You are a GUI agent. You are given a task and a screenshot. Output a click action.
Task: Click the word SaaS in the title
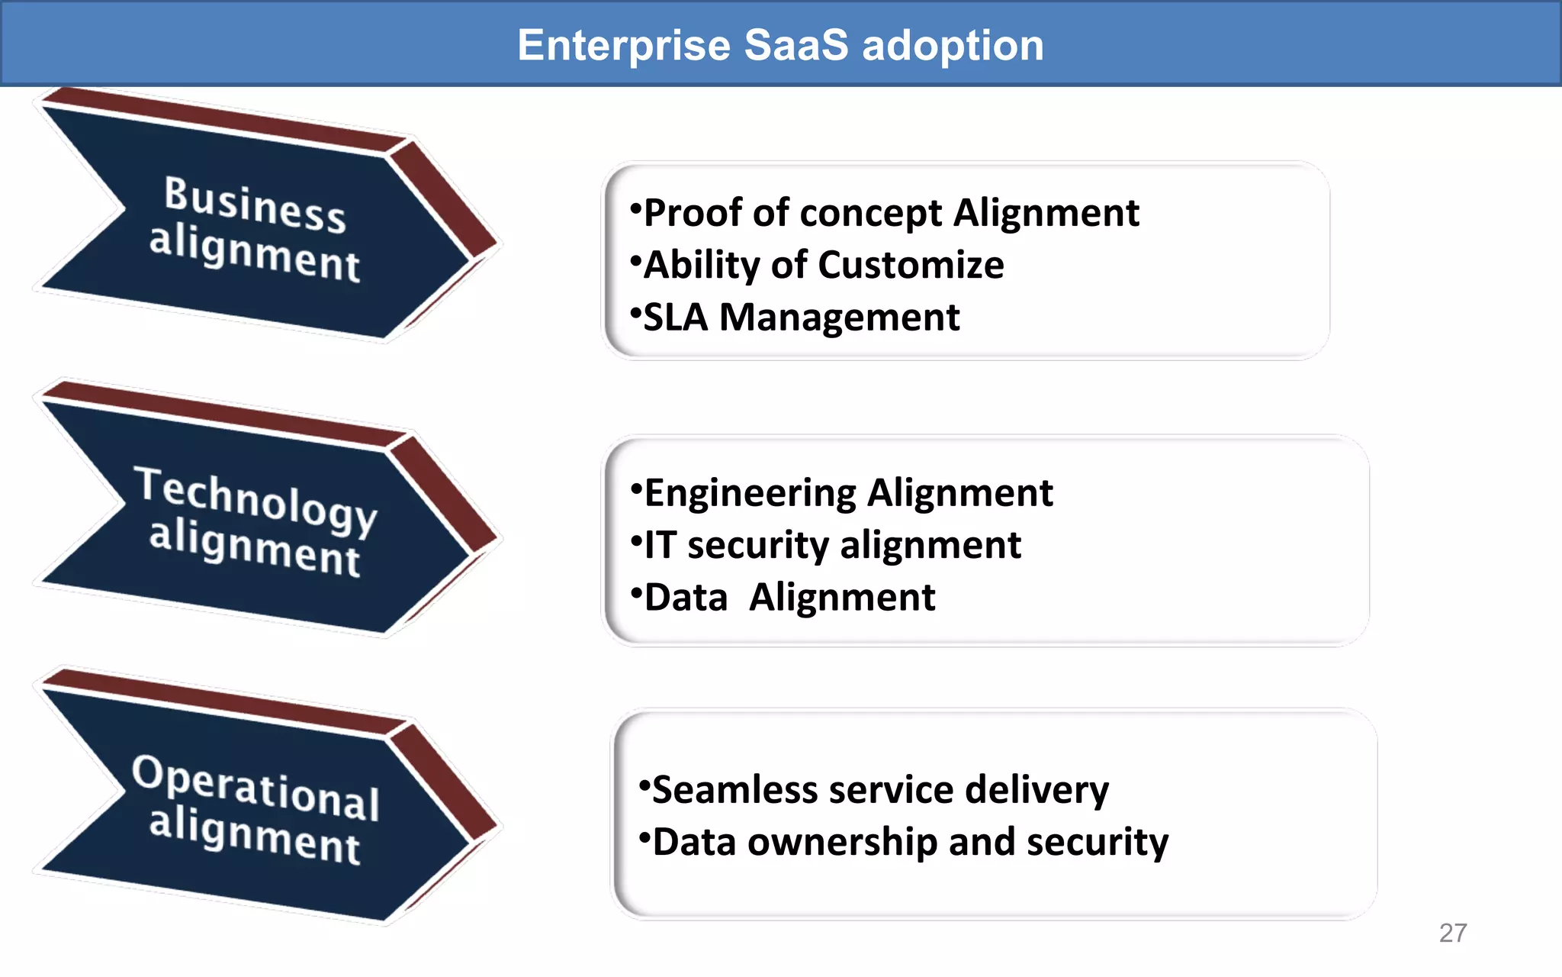tap(795, 45)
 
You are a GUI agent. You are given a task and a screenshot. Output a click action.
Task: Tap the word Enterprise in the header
tap(624, 46)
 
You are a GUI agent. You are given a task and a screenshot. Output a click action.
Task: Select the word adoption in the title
tap(953, 46)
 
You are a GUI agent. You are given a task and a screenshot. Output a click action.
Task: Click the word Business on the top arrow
tap(255, 203)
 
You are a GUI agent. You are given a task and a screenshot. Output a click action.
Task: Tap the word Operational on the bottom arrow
tap(256, 788)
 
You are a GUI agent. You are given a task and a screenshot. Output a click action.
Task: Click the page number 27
tap(1452, 933)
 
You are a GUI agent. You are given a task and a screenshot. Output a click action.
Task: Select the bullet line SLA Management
tap(801, 318)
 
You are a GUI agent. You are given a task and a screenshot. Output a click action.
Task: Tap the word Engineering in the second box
tap(750, 494)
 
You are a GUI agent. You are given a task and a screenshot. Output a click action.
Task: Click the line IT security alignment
tap(831, 546)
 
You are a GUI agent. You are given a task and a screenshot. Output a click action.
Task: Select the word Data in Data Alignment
tap(686, 598)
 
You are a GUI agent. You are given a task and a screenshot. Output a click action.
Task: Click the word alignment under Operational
tap(254, 836)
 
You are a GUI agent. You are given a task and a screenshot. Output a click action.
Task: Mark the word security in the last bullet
tap(1097, 843)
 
